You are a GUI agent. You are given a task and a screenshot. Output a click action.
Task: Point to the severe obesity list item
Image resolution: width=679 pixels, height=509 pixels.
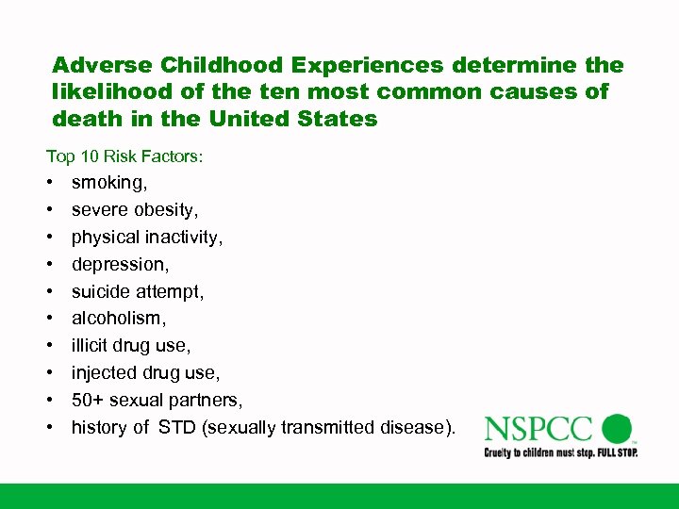135,209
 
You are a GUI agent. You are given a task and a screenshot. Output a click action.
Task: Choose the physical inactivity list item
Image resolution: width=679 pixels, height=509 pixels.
147,237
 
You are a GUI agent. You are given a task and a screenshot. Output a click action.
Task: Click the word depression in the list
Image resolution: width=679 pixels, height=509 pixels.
118,264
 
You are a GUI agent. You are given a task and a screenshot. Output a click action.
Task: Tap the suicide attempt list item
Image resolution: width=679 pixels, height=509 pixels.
138,291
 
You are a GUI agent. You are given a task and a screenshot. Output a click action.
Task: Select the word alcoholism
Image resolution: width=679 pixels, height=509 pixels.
117,319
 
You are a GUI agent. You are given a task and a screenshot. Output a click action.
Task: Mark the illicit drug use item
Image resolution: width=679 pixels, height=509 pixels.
130,346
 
